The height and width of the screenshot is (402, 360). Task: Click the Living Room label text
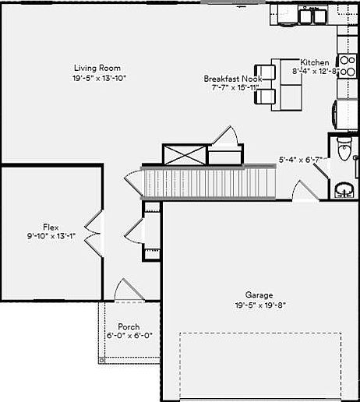97,68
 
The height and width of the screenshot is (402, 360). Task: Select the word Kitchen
315,62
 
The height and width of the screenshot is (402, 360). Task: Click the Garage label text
259,295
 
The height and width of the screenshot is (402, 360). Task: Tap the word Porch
129,327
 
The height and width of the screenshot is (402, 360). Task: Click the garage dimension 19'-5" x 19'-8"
259,305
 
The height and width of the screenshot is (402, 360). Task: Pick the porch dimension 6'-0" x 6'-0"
129,337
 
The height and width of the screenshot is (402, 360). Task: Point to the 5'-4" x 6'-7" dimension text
301,160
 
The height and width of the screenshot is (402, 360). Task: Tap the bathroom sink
344,189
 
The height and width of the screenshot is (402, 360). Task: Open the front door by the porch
128,291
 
